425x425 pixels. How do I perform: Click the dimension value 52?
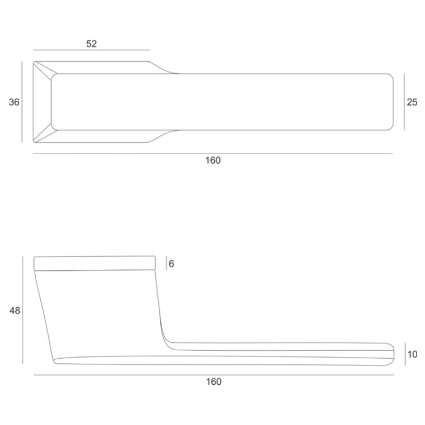pos(92,44)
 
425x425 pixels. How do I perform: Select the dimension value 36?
pos(14,102)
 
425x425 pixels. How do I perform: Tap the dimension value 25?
pos(412,102)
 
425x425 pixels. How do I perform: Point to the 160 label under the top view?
pos(213,160)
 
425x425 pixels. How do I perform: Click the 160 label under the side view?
pos(214,381)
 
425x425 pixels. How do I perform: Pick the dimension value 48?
pos(15,311)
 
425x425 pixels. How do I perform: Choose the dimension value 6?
pos(171,263)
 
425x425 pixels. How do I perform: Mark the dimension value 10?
pos(413,354)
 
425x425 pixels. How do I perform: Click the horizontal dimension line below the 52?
pos(92,50)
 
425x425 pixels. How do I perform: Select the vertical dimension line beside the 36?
pos(22,102)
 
